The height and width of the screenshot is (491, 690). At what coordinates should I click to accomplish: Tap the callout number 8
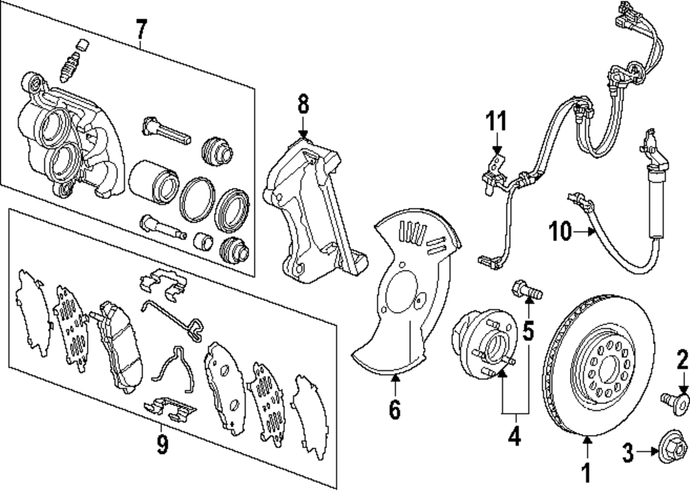pyautogui.click(x=304, y=106)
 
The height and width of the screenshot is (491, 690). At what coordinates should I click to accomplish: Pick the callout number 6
pyautogui.click(x=394, y=410)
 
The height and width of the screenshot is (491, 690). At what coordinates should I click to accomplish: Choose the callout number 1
pyautogui.click(x=587, y=473)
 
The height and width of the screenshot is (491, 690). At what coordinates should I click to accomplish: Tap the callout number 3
pyautogui.click(x=627, y=452)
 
